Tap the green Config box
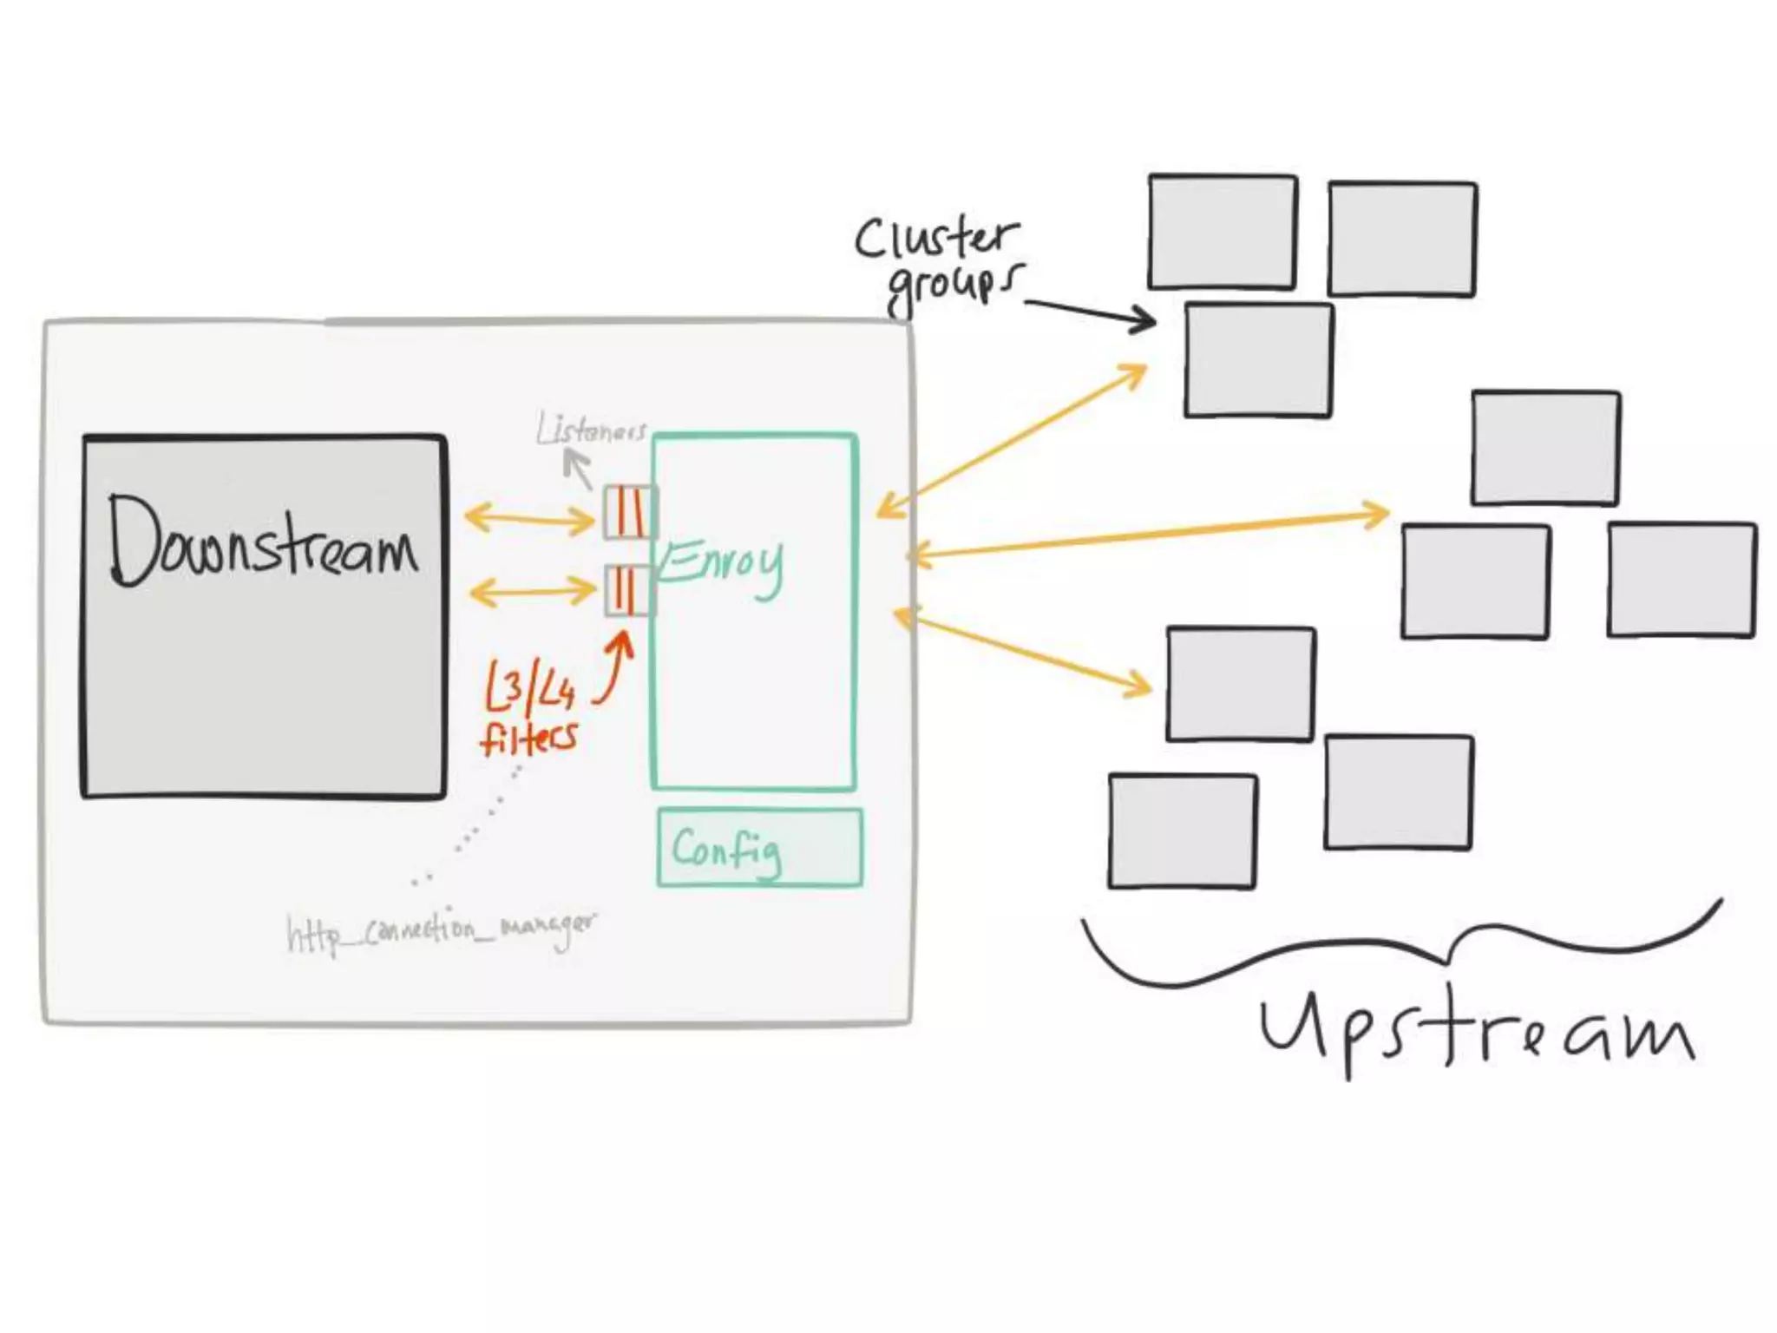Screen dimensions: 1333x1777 [x=759, y=848]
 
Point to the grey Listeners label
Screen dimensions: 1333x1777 [x=591, y=430]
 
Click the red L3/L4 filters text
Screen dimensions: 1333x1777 [x=529, y=709]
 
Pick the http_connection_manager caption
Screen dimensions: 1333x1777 [x=441, y=932]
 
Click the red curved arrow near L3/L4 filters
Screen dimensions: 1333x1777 [x=614, y=668]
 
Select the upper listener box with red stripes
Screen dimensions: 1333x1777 [x=629, y=512]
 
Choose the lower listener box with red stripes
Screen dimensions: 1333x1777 [x=627, y=589]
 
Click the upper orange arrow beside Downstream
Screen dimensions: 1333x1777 [x=529, y=520]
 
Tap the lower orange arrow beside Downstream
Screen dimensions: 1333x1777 [x=531, y=593]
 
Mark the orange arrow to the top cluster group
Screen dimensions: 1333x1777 [x=1011, y=440]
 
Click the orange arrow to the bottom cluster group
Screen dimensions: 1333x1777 [x=1024, y=652]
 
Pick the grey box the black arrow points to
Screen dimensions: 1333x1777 [x=1258, y=359]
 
